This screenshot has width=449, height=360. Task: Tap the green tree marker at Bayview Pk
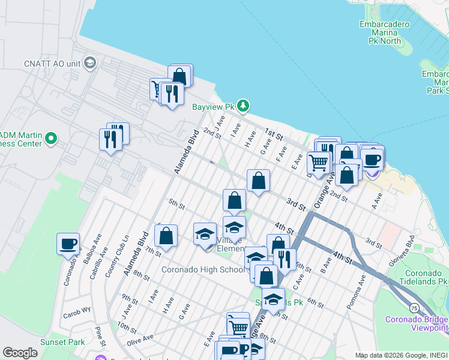243,106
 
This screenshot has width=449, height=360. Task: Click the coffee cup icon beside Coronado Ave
68,244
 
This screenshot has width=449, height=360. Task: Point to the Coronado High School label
203,269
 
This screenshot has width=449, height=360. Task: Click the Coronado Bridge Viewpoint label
417,323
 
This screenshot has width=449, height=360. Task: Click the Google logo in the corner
20,353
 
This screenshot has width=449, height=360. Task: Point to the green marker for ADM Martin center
50,139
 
